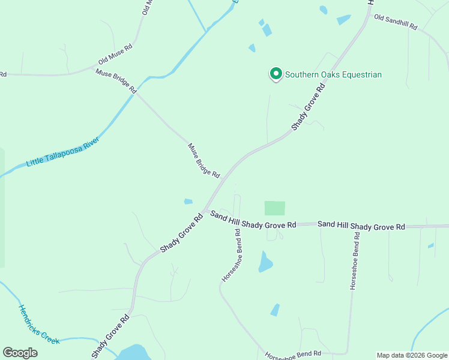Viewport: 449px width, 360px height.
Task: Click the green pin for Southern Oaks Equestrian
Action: (276, 74)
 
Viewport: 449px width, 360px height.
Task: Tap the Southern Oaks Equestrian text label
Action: (333, 75)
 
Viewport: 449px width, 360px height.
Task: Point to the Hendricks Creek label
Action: (38, 325)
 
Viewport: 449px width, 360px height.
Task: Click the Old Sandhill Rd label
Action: (395, 22)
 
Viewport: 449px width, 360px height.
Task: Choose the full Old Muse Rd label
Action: (115, 54)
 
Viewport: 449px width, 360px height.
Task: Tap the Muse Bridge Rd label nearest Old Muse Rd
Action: (116, 81)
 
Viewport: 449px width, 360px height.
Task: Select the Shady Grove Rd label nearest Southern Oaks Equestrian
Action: (309, 107)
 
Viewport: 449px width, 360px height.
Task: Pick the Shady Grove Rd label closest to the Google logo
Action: (110, 337)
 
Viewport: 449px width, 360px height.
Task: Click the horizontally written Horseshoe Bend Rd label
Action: (293, 354)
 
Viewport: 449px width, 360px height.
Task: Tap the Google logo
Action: (20, 353)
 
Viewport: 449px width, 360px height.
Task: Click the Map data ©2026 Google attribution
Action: (412, 355)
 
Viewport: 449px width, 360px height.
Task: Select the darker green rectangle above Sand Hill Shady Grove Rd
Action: (275, 208)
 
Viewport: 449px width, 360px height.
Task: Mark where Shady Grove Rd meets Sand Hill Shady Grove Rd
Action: (206, 211)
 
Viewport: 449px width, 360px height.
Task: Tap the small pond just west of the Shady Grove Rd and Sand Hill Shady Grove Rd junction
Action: (188, 202)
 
